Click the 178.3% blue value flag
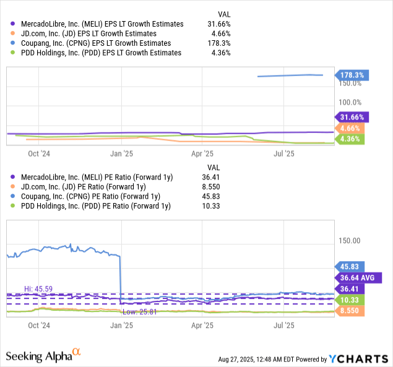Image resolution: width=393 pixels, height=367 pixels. click(353, 76)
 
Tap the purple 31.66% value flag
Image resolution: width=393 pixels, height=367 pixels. click(353, 116)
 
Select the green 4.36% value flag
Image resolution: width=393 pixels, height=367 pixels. click(353, 139)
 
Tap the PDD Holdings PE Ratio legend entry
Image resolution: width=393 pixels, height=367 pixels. click(94, 206)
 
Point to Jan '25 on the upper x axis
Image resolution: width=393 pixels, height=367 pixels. click(121, 153)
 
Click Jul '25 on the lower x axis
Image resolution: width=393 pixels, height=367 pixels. click(283, 324)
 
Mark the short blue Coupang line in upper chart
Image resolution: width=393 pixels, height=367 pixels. click(290, 76)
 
